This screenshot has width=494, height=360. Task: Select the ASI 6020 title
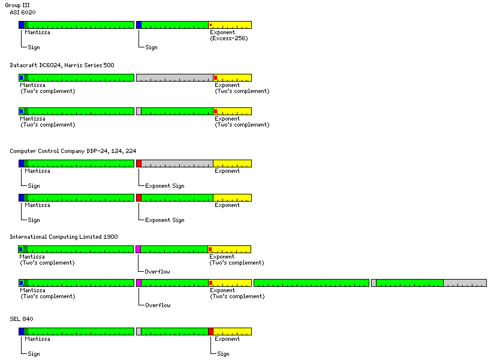[x=23, y=12]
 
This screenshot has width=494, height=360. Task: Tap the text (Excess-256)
[x=228, y=38]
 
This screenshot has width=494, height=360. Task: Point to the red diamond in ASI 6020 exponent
[x=211, y=25]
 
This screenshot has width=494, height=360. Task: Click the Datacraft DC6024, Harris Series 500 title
[x=62, y=65]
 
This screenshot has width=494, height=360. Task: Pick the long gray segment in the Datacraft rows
[x=174, y=78]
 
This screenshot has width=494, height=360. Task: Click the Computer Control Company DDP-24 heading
[x=77, y=151]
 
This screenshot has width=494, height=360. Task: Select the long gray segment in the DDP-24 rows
[x=177, y=163]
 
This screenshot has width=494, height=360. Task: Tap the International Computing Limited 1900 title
[x=64, y=236]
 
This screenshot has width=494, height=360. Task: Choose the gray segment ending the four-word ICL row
[x=465, y=283]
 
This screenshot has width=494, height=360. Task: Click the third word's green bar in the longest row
[x=311, y=283]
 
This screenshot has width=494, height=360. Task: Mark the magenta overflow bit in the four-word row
[x=138, y=283]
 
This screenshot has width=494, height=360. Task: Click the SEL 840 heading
[x=21, y=318]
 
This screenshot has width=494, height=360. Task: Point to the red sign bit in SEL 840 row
[x=210, y=331]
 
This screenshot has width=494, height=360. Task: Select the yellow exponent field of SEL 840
[x=233, y=331]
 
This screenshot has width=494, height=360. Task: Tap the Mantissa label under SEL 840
[x=37, y=339]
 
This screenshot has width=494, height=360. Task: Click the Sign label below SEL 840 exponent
[x=223, y=354]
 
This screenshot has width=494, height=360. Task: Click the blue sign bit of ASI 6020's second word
[x=138, y=25]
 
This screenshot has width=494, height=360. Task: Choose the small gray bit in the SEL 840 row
[x=138, y=331]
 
